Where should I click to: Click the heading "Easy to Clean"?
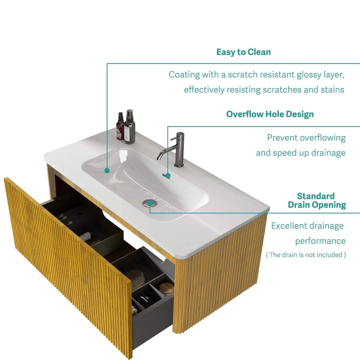coord(243,52)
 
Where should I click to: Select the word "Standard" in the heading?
coord(315,196)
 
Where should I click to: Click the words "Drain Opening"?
coord(316,205)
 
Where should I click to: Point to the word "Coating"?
coord(184,75)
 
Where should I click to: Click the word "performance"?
coord(320,241)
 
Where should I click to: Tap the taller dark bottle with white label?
coord(129,127)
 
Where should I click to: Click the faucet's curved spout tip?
coord(159,158)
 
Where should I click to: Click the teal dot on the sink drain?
coord(150,203)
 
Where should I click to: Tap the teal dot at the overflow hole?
coord(168,176)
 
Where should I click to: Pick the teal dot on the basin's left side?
coord(107,170)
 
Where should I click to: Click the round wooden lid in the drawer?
coord(166,288)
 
